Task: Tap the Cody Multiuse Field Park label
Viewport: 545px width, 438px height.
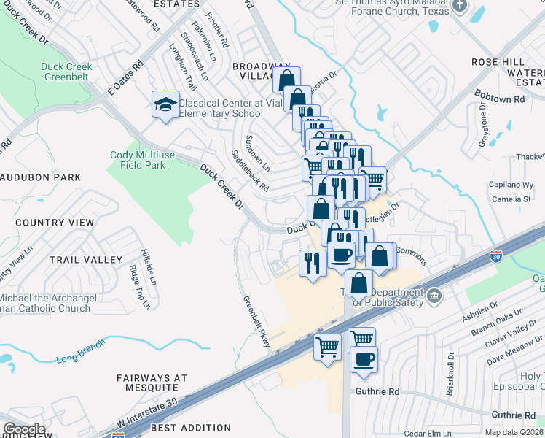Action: [x=138, y=160]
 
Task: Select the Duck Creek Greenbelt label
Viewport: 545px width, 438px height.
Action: [x=66, y=72]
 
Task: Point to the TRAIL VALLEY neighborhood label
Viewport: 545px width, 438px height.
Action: [x=86, y=260]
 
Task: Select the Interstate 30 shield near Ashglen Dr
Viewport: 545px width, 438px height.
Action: [x=495, y=257]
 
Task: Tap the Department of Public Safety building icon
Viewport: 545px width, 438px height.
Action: [x=434, y=295]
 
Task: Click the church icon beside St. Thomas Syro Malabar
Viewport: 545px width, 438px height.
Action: [x=459, y=6]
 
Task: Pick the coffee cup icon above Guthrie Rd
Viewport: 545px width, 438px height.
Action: [x=364, y=358]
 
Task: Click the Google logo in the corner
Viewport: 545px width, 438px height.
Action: [x=23, y=429]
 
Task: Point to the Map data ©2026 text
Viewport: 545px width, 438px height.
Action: [x=513, y=432]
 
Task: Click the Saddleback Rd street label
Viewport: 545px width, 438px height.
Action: [x=250, y=172]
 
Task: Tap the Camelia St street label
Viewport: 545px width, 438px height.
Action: [x=510, y=199]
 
